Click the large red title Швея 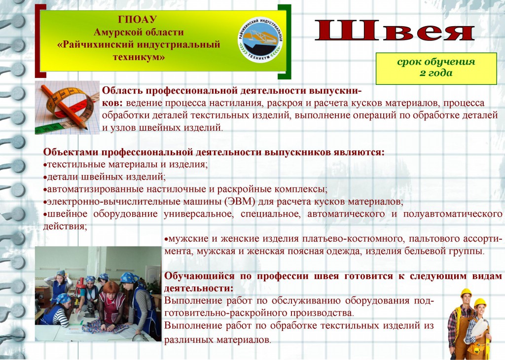pyautogui.click(x=394, y=30)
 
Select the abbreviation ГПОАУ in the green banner pyautogui.click(x=137, y=19)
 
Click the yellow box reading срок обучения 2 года pyautogui.click(x=436, y=69)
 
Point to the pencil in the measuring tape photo pyautogui.click(x=64, y=107)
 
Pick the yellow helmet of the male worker pyautogui.click(x=466, y=292)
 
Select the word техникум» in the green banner pyautogui.click(x=139, y=57)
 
